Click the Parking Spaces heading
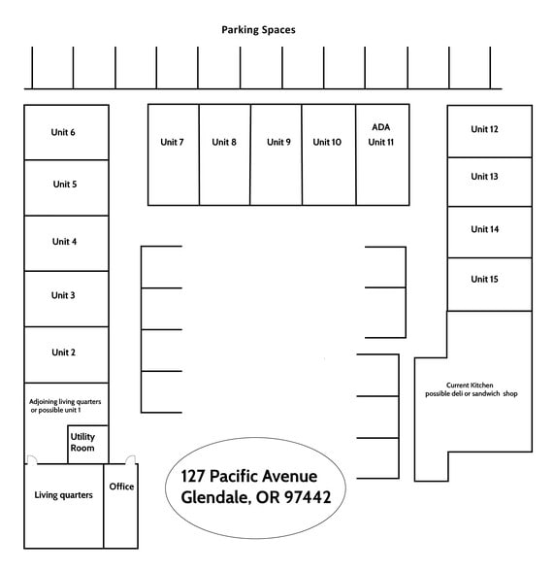pos(258,30)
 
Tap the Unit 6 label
pos(63,132)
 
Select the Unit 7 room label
pos(172,142)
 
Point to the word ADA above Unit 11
pos(381,127)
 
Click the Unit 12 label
pos(484,129)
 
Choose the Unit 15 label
pos(484,280)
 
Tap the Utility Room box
pos(87,445)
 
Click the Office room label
pos(121,487)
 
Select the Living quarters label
pos(63,495)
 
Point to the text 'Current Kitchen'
pos(470,385)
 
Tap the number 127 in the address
pos(193,476)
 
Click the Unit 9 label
pos(278,142)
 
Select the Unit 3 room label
pos(63,295)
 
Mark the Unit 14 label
pos(484,229)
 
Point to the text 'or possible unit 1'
pos(55,410)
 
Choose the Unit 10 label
pos(327,142)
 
